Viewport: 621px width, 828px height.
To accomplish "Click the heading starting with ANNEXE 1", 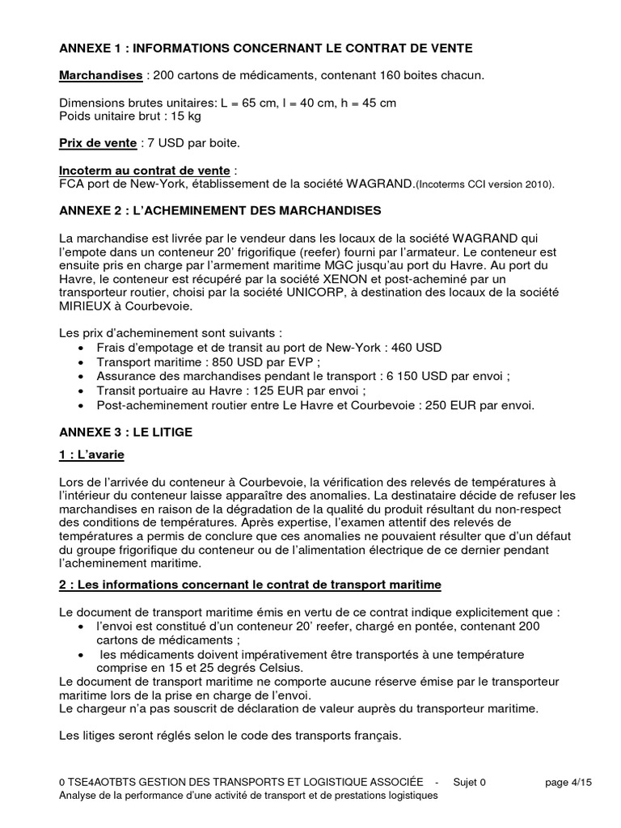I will point(266,49).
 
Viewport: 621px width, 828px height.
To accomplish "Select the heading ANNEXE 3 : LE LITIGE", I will point(125,433).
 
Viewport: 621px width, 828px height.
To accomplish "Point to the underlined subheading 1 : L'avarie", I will point(91,455).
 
